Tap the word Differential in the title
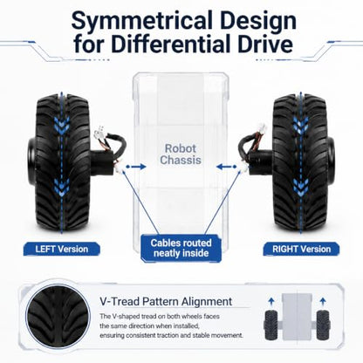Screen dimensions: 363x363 tap(169, 45)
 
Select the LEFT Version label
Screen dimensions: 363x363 tap(62, 250)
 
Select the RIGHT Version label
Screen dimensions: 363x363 tap(301, 250)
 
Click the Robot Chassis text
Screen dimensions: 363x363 tap(181, 154)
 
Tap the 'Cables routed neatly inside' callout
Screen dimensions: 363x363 tap(181, 248)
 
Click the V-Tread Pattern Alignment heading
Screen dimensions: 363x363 tap(166, 301)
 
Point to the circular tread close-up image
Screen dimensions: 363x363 tap(58, 317)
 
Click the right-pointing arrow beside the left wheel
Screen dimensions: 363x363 tap(136, 167)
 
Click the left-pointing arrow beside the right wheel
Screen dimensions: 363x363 tap(227, 167)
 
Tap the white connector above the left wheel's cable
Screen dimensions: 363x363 tap(99, 133)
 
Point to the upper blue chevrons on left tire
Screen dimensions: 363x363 tap(61, 126)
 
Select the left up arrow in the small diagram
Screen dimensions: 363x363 tap(271, 302)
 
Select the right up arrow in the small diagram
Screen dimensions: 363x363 tap(322, 302)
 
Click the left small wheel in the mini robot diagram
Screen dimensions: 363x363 tap(271, 325)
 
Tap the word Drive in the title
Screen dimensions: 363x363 tap(265, 45)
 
